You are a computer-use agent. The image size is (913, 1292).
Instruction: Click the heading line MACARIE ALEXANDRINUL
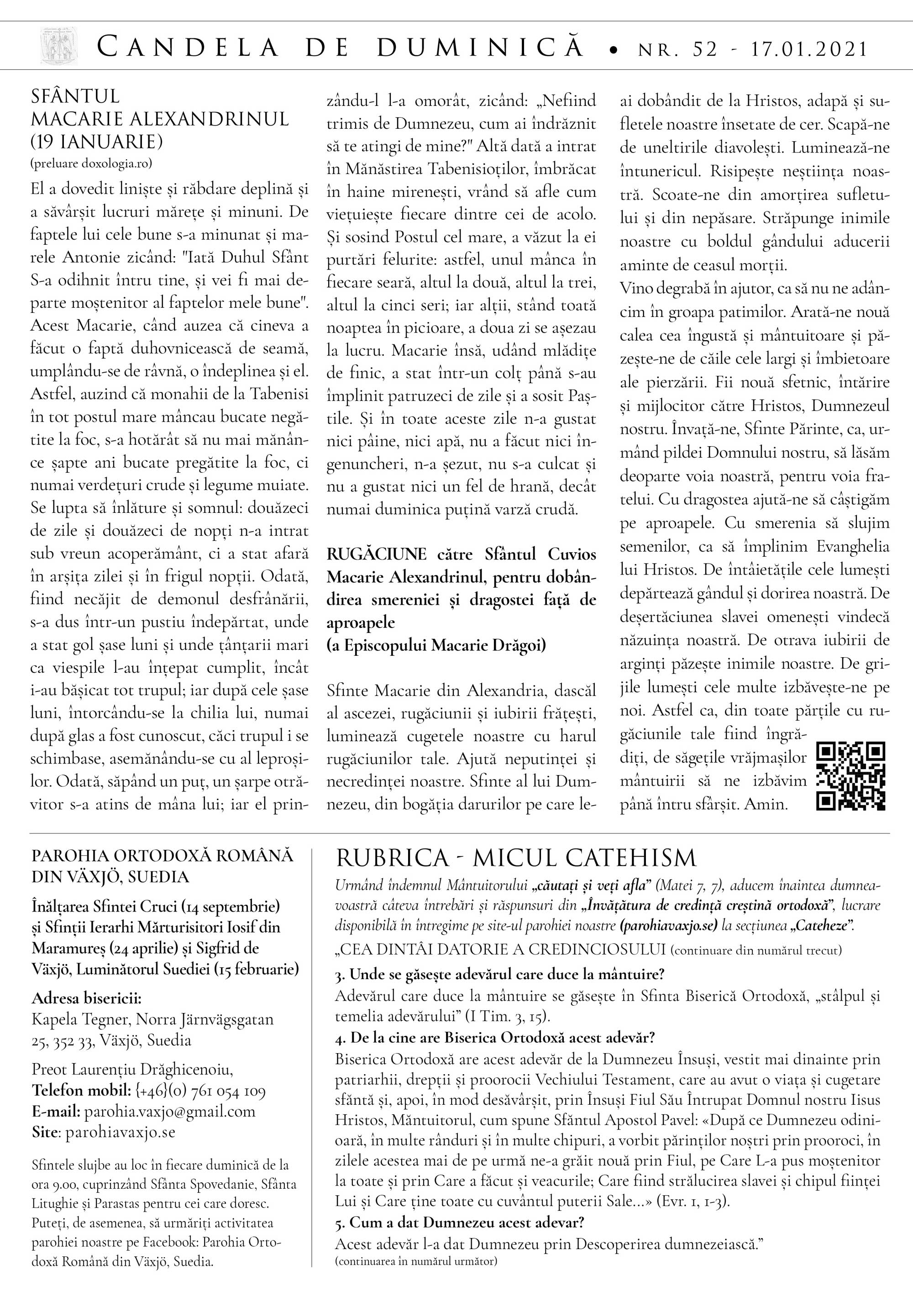pos(160,119)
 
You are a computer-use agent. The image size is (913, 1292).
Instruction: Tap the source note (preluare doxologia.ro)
pos(91,164)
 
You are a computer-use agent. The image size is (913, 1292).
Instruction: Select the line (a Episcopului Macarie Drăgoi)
pos(436,645)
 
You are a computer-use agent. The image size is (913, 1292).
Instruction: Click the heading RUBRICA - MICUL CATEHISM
pos(516,858)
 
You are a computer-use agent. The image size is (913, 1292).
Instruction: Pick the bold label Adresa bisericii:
pos(86,998)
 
